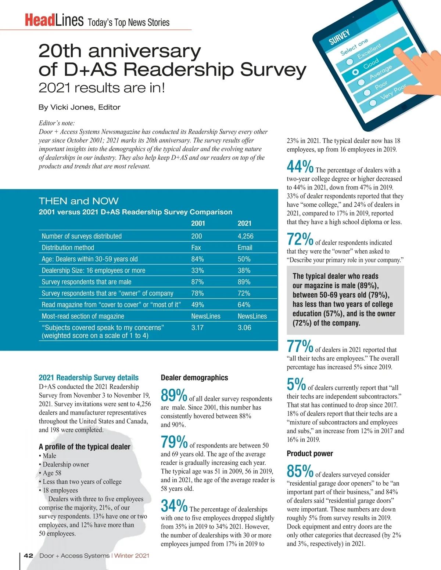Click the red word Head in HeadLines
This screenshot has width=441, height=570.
(x=40, y=21)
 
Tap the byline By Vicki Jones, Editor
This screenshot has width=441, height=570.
(x=79, y=107)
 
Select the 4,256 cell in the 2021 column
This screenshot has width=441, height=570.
(x=245, y=236)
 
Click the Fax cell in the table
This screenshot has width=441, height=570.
(x=196, y=247)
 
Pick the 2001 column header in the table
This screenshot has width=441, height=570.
(x=198, y=223)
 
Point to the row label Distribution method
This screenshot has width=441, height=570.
(x=68, y=247)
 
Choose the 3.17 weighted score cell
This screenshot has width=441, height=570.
(x=197, y=327)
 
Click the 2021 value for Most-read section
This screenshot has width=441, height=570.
(x=252, y=316)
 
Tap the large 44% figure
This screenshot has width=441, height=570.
(x=300, y=167)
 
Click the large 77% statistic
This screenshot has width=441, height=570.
(x=300, y=346)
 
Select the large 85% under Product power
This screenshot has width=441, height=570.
(x=300, y=471)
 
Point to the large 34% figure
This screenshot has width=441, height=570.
(x=174, y=506)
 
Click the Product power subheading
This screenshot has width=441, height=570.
(x=310, y=453)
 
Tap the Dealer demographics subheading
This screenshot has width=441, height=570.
(x=194, y=378)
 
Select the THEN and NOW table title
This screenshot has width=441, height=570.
(x=79, y=201)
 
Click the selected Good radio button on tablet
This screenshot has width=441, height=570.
(x=355, y=72)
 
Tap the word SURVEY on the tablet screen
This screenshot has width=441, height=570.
(x=339, y=37)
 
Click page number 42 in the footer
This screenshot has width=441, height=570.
(x=28, y=555)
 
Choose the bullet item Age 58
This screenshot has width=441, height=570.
(x=52, y=473)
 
